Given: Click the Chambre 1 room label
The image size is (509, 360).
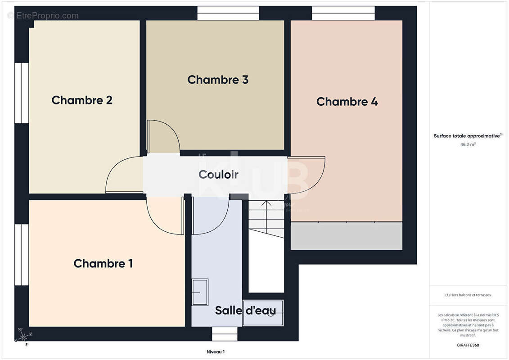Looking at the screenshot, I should (103, 263).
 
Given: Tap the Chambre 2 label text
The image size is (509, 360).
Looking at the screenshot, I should (82, 100).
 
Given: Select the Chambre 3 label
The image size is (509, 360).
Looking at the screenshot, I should (218, 80).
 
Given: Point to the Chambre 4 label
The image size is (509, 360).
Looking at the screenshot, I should (347, 102).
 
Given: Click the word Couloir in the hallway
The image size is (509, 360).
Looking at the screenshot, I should (218, 175).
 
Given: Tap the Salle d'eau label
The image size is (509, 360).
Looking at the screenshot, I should (245, 310).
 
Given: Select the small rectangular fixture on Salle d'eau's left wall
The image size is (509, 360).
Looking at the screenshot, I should (200, 292).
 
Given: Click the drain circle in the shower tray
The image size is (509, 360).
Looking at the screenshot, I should (270, 314).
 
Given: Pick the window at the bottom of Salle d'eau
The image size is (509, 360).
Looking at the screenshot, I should (225, 333).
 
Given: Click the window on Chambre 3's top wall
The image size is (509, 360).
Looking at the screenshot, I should (228, 13).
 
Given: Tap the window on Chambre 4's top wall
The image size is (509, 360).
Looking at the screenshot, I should (343, 13).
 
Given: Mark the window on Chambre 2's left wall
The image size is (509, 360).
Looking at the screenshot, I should (21, 93).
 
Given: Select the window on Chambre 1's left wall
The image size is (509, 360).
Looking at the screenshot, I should (21, 254).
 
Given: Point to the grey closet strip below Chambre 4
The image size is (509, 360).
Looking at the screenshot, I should (346, 236).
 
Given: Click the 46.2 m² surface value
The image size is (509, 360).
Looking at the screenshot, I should (468, 145).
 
